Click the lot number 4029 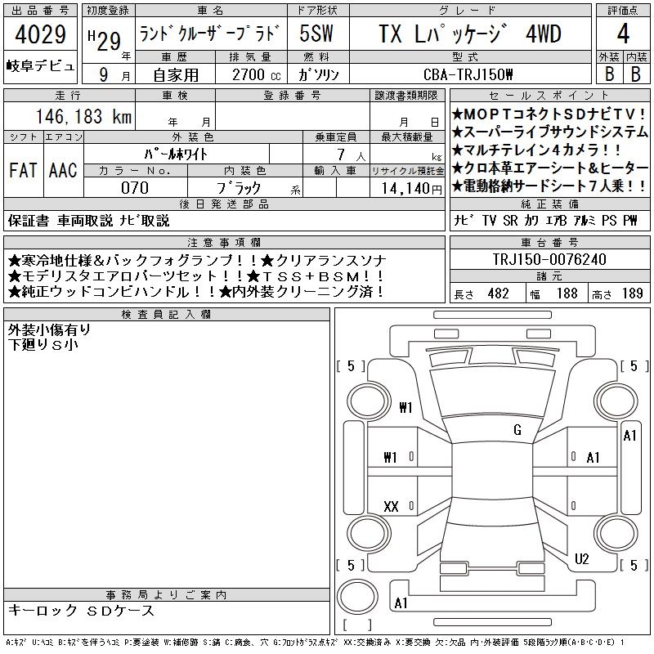pos(40,34)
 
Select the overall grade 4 pos(623,34)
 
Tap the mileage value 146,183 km pos(83,116)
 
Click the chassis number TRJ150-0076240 pos(549,259)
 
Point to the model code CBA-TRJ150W pos(468,74)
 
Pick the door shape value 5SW pos(316,34)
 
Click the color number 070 pos(135,188)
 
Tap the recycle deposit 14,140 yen pos(411,189)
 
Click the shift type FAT pos(23,170)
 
